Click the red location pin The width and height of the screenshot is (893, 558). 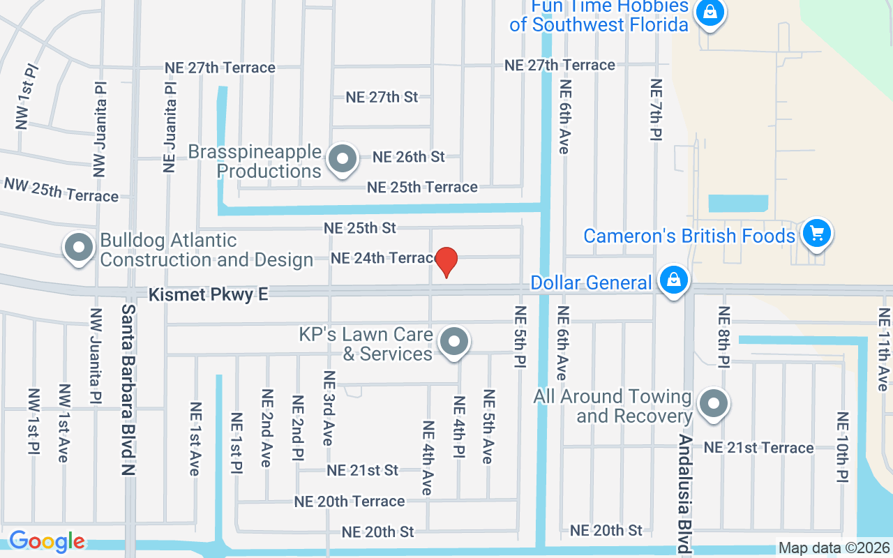click(446, 262)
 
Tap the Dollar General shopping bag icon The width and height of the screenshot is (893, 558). click(673, 280)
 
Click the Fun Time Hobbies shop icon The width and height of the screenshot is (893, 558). click(710, 12)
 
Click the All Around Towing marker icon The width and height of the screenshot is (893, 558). click(713, 404)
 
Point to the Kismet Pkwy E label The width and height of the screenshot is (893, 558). click(208, 295)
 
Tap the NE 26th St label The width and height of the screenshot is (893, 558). click(408, 157)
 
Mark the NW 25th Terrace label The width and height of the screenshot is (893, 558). click(61, 190)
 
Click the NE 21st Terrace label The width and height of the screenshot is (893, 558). click(758, 448)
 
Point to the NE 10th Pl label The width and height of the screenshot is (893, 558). click(843, 447)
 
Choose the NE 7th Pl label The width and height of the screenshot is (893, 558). click(655, 110)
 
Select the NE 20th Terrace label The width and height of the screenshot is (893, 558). click(349, 502)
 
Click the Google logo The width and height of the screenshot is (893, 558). click(47, 541)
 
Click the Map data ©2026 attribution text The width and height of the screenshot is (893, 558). click(834, 548)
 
